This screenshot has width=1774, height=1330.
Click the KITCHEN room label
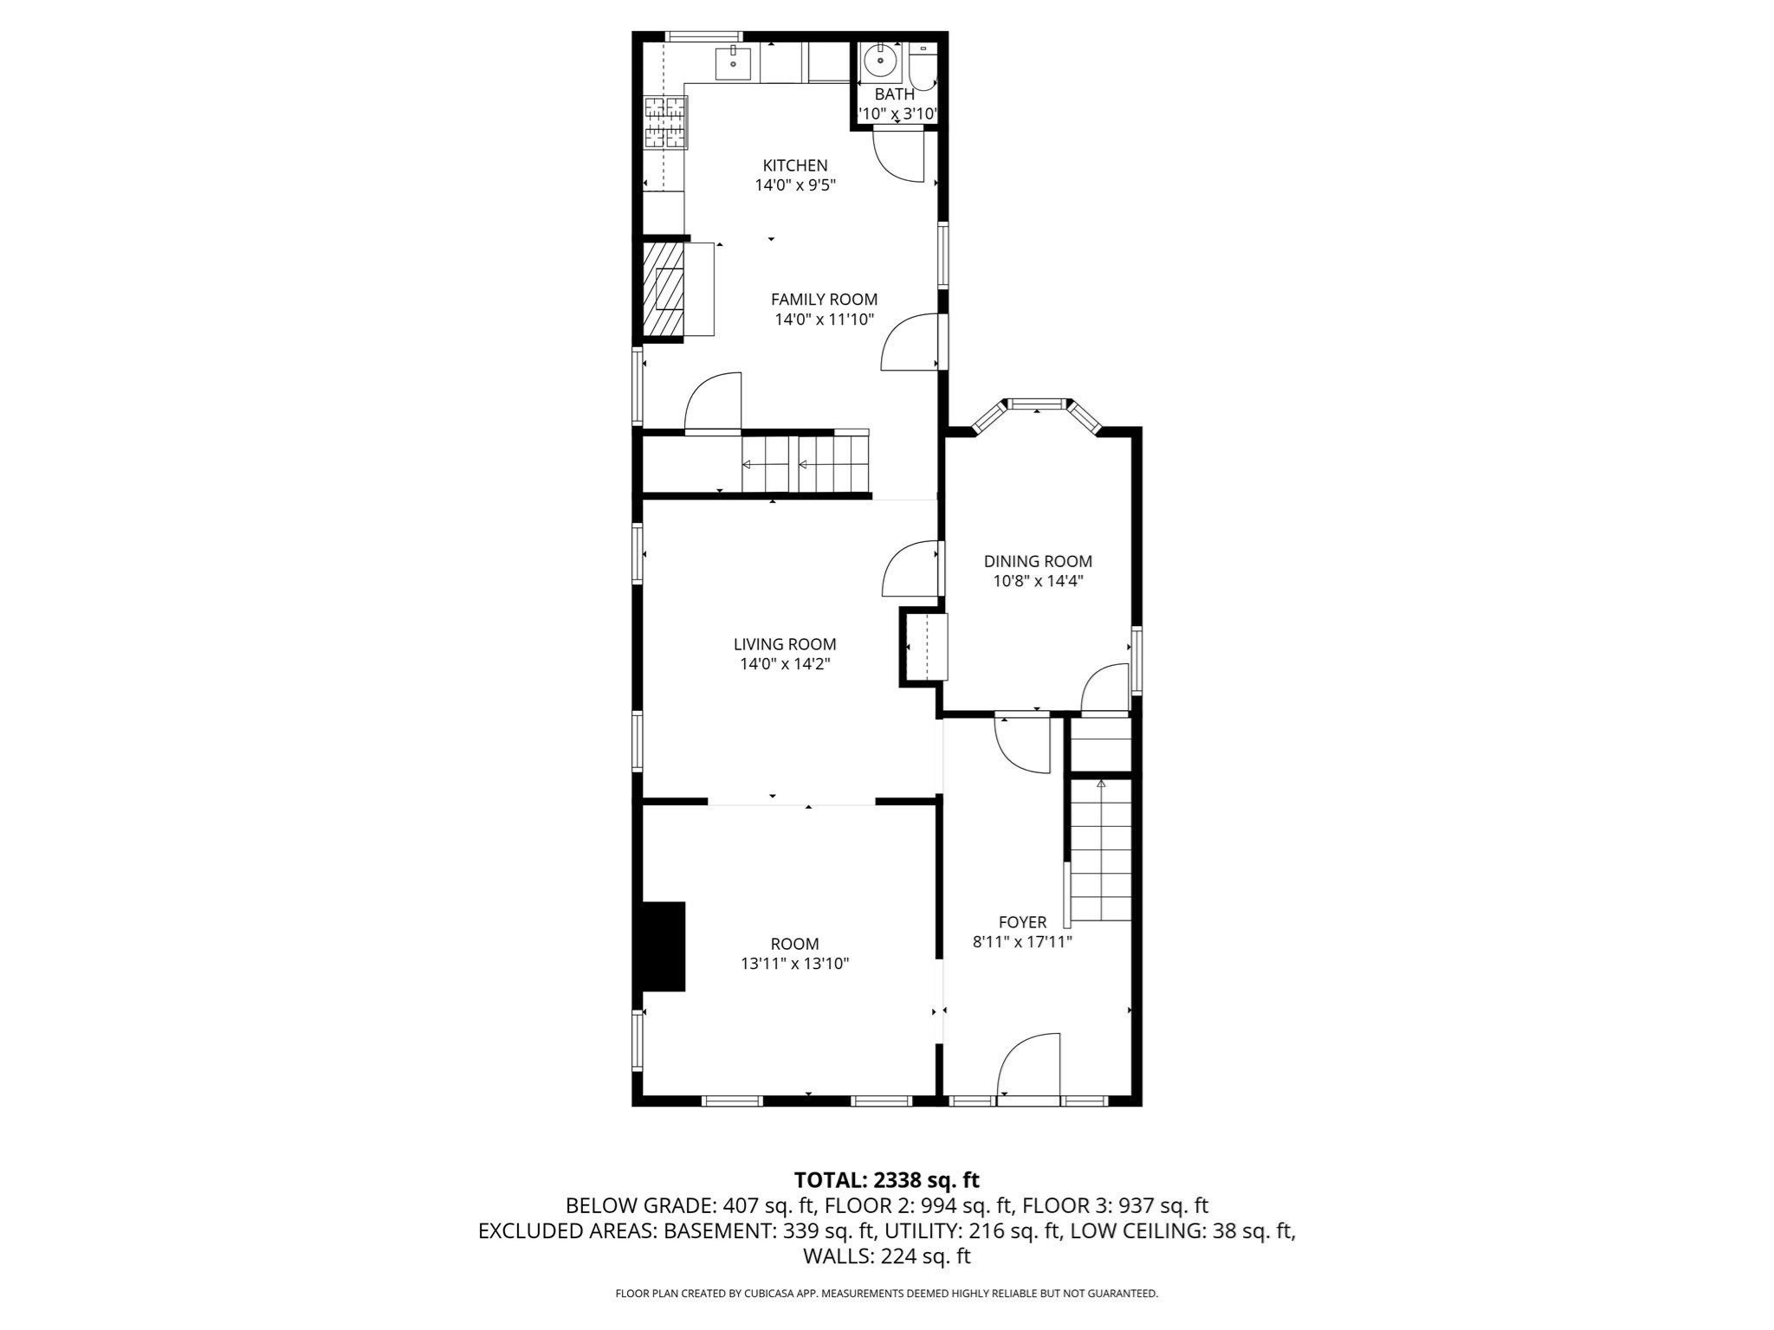point(794,165)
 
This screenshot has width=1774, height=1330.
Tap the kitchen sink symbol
point(733,63)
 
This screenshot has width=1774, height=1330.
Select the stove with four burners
point(665,122)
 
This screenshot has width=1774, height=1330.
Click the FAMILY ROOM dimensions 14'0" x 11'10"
point(824,320)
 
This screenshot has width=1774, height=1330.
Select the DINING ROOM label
point(1038,561)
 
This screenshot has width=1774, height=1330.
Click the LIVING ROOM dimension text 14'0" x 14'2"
point(785,664)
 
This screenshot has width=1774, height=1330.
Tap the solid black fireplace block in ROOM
point(663,946)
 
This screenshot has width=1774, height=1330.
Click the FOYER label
point(1022,922)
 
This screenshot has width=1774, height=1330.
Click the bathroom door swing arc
point(897,156)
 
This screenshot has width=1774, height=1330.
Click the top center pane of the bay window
point(1037,403)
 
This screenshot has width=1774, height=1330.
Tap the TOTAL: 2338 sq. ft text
point(886,1180)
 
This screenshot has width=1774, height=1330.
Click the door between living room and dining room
point(910,569)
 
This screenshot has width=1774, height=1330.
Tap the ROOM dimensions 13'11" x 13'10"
point(794,964)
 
